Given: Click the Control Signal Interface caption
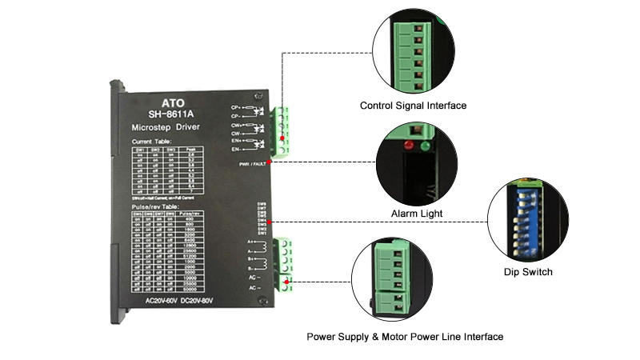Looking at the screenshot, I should click(x=413, y=106).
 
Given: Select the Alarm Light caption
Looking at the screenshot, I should click(x=416, y=214).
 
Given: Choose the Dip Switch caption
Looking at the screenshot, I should click(x=529, y=272).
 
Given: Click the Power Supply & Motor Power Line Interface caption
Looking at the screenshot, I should click(x=405, y=337).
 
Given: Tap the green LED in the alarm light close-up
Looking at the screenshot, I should click(x=425, y=146).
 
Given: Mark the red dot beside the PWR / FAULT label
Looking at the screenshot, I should click(x=270, y=162).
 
